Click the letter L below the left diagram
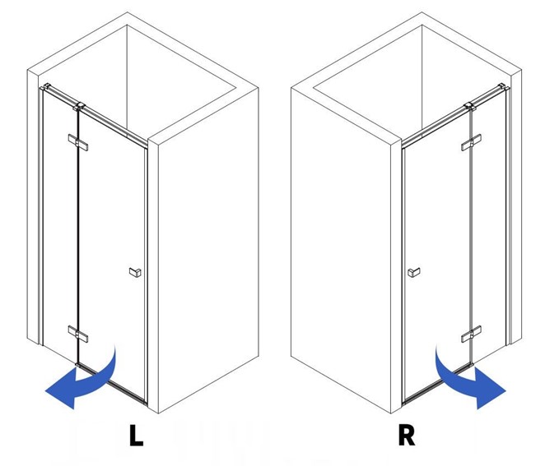point(136,436)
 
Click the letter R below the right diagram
point(406,436)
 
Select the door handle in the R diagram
point(413,271)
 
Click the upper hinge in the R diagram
point(471,144)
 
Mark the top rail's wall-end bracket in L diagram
point(49,87)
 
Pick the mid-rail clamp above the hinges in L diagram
point(80,107)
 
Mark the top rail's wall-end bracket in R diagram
point(501,87)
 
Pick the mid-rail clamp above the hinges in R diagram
point(470,107)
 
